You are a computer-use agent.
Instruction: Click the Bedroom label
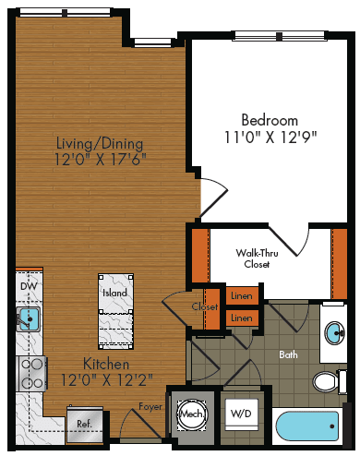tap(269, 120)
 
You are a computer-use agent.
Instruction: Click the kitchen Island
tap(115, 308)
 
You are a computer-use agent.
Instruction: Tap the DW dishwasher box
tap(29, 287)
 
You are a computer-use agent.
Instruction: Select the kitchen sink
tap(29, 320)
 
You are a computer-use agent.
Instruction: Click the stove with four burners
tap(30, 375)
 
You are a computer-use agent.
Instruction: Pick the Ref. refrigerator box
tap(84, 425)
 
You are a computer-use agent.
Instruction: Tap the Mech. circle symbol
tap(192, 414)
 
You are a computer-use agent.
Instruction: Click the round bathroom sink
tap(334, 333)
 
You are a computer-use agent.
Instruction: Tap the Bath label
tap(288, 354)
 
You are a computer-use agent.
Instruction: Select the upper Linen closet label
tap(241, 296)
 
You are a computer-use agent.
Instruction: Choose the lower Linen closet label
tap(241, 318)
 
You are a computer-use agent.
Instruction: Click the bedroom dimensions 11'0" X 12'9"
tap(269, 138)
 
